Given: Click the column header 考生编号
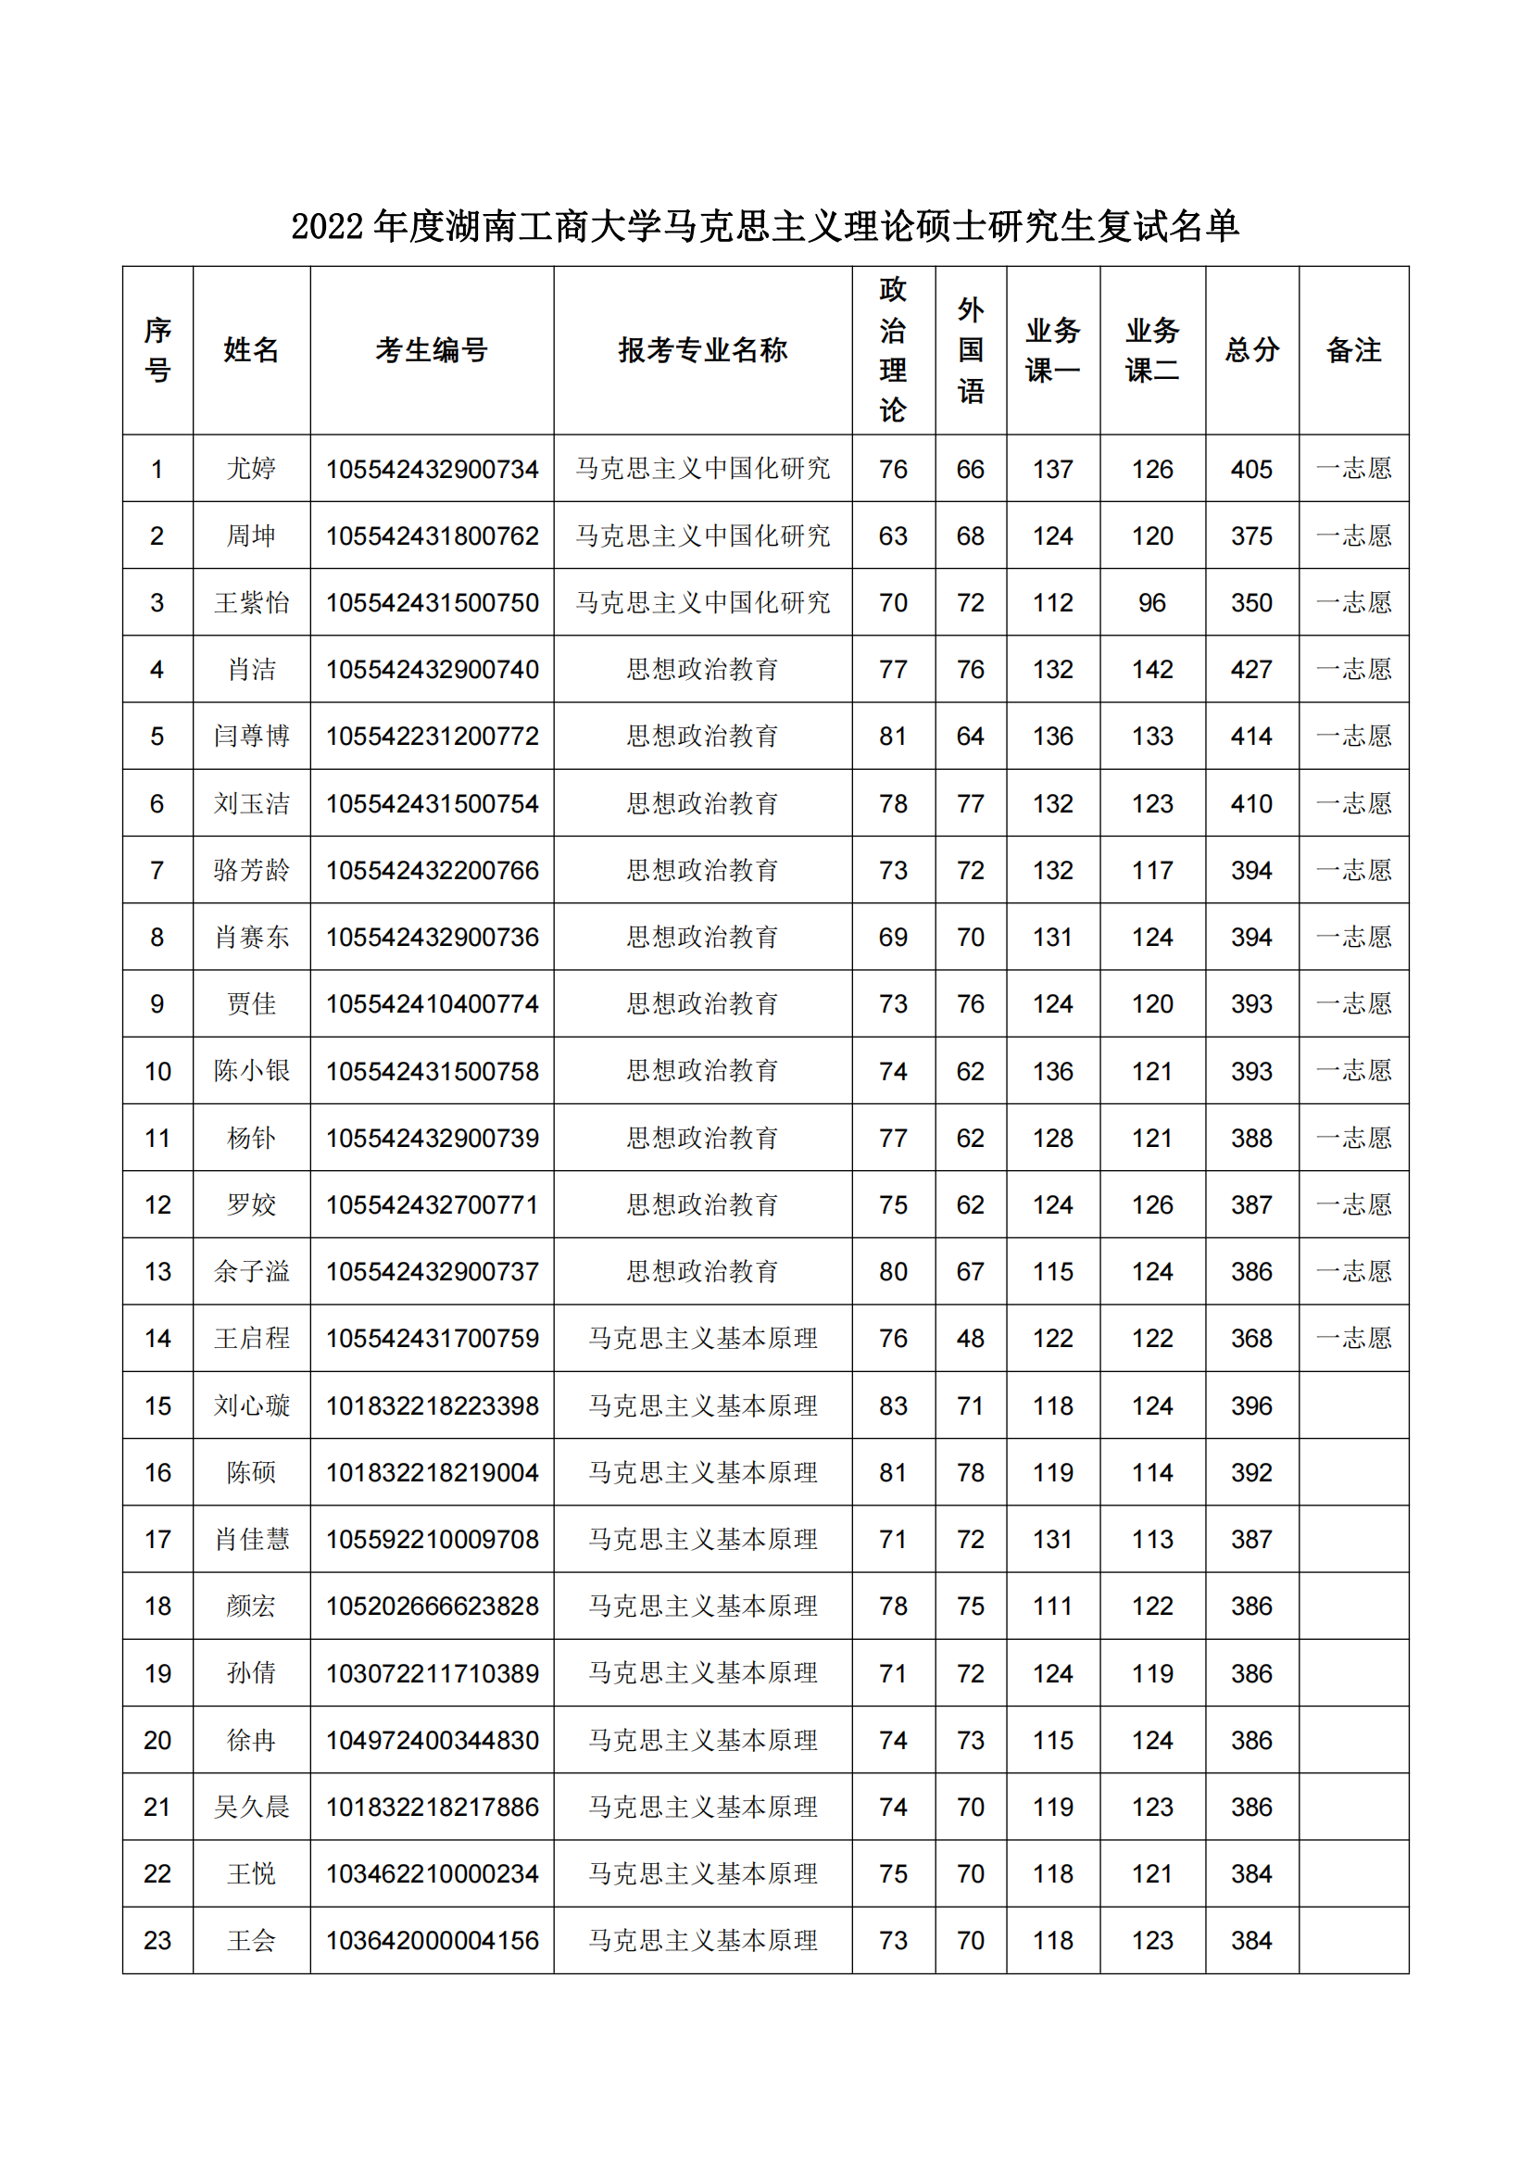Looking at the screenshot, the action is pos(431,350).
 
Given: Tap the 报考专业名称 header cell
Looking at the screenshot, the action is pos(702,350).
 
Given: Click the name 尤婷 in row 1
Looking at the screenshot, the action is pos(251,468).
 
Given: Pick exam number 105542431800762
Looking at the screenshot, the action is pos(432,535).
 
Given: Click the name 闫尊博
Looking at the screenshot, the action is pos(251,737).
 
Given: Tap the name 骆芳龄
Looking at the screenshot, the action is pos(251,870).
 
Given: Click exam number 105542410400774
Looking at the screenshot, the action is pos(432,1003).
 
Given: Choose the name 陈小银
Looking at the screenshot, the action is pos(251,1070).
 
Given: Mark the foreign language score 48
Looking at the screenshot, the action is pos(970,1339).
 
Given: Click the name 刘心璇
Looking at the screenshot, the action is pos(251,1405).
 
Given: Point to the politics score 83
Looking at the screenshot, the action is pos(892,1405).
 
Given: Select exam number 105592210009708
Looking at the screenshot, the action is pos(432,1540).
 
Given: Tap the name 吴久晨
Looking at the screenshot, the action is pos(251,1807).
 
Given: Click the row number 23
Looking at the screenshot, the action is pos(157,1941).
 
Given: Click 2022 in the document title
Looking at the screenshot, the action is pos(326,226).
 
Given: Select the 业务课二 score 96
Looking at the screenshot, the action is pos(1152,602).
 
